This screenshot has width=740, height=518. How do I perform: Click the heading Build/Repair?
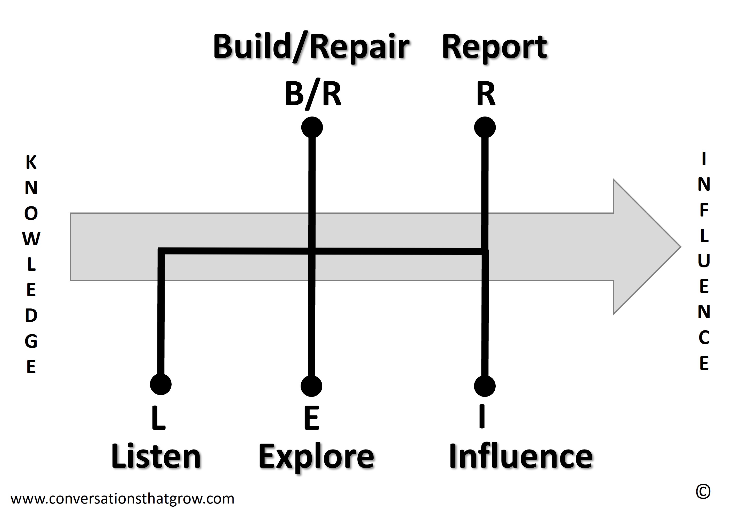click(311, 48)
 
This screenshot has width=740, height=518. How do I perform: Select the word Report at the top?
click(494, 48)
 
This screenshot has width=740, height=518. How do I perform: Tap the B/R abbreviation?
click(313, 94)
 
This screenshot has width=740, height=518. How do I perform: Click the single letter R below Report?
click(485, 94)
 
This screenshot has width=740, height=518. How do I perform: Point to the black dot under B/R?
click(312, 127)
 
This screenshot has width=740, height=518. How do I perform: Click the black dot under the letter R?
click(485, 127)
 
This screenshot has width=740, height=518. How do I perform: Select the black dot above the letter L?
click(160, 384)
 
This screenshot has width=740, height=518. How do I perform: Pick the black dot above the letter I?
click(485, 386)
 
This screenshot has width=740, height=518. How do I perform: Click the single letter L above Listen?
click(159, 418)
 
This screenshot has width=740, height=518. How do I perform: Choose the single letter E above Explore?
click(311, 418)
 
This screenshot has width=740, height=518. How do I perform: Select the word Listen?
click(156, 457)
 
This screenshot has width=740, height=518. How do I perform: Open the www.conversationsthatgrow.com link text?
click(123, 499)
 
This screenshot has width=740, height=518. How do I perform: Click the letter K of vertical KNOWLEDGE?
click(31, 162)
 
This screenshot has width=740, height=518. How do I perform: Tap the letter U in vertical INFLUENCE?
click(704, 261)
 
